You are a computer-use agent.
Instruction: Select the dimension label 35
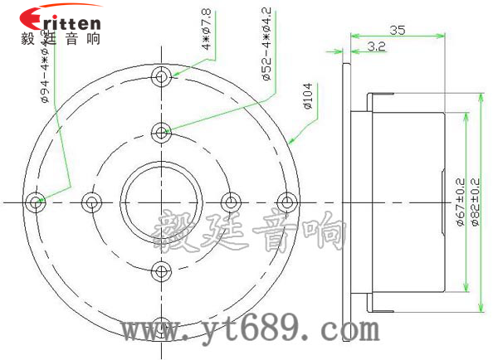397,30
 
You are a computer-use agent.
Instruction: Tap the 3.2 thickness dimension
375,47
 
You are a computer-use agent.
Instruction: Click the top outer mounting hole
162,77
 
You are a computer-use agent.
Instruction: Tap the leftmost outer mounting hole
35,202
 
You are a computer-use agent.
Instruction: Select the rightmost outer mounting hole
286,202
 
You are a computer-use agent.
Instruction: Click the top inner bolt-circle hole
162,131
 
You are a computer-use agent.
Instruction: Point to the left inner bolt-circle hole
91,202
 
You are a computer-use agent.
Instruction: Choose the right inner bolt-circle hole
232,202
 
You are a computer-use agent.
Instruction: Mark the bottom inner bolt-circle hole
162,270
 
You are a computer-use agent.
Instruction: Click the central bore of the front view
162,202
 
